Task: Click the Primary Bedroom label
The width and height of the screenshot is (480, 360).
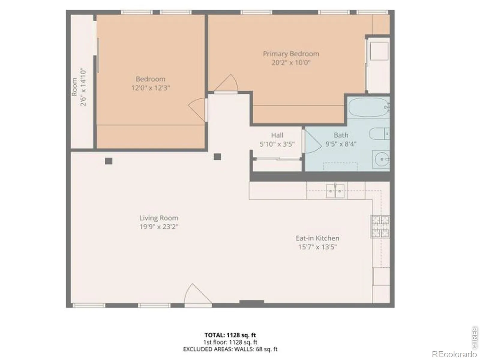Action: click(291, 54)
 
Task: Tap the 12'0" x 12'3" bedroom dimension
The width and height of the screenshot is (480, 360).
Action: click(151, 88)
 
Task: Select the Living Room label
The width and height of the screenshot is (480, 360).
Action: click(159, 218)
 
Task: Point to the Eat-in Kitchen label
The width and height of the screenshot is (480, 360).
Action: click(317, 238)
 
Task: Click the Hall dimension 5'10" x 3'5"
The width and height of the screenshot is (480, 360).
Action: click(277, 144)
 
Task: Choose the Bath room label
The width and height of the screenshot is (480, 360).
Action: click(341, 135)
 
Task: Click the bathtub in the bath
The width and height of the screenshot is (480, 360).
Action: click(368, 107)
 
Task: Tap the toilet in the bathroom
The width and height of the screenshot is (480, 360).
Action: click(379, 133)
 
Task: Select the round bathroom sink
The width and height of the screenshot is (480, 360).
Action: click(382, 159)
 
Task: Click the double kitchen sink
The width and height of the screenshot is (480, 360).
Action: click(335, 191)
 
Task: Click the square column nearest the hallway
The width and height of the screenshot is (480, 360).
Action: click(217, 157)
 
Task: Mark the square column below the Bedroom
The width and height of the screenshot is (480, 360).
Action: click(109, 161)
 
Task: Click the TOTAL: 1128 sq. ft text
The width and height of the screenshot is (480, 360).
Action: click(230, 335)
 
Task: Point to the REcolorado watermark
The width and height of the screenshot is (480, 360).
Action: click(454, 354)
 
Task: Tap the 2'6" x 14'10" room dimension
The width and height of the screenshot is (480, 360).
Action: click(83, 87)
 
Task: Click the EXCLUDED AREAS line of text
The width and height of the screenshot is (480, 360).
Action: click(230, 349)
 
